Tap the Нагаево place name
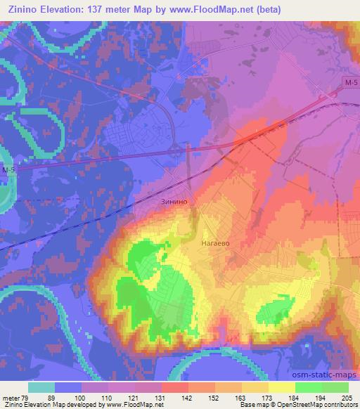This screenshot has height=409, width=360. point(217,243)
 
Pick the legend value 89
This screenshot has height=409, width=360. point(56,397)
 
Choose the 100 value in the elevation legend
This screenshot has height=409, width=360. point(82,397)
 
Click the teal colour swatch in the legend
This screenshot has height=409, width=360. point(41,387)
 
